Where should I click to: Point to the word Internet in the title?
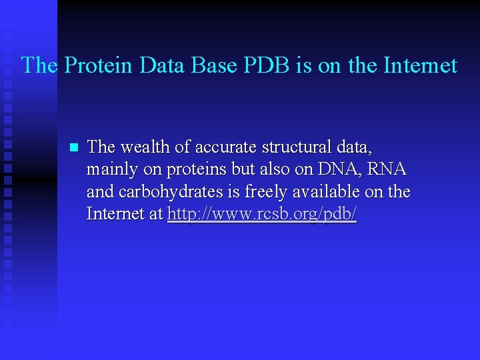coord(421,65)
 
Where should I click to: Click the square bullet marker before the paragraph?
coord(74,147)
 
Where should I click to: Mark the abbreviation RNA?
coord(387,169)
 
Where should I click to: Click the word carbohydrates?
coord(165,192)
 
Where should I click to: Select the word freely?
coord(271,192)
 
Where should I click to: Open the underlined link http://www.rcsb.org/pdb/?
coord(262,215)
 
